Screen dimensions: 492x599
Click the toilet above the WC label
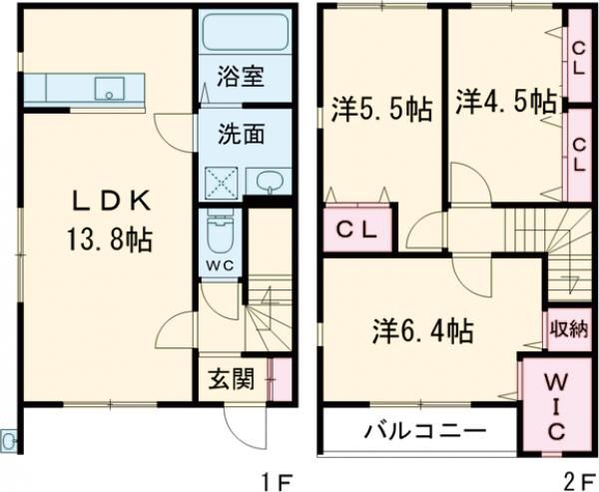point(217,236)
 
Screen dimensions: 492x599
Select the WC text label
point(219,265)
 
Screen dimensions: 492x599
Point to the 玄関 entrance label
point(231,378)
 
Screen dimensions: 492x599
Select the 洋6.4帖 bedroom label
point(422,328)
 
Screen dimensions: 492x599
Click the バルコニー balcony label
point(424,433)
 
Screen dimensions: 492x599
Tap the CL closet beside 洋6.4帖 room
point(355,231)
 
